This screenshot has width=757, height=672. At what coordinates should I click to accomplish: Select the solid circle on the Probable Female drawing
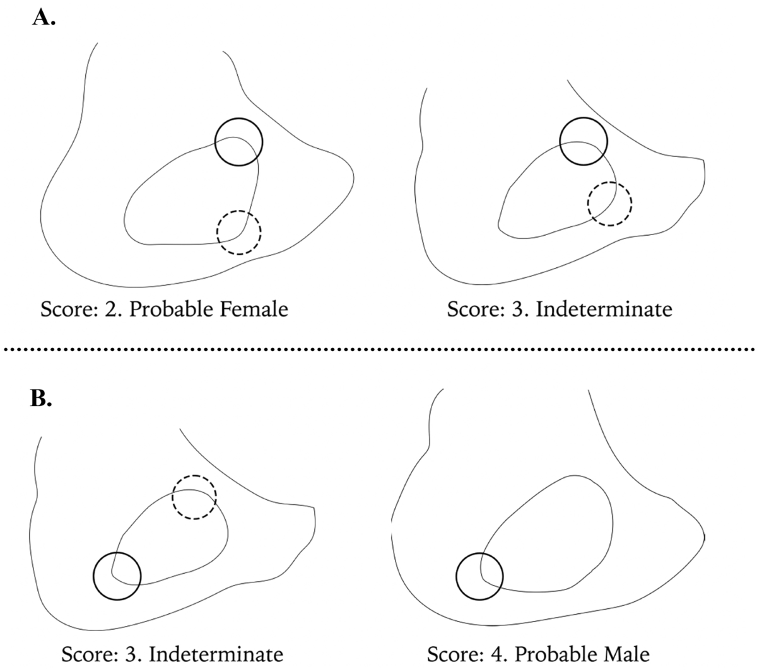(238, 142)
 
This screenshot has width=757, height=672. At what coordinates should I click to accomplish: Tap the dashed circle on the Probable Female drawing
(238, 232)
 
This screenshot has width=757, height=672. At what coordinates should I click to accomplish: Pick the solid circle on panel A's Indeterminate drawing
(583, 141)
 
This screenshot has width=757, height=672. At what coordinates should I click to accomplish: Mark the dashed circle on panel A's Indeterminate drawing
(609, 204)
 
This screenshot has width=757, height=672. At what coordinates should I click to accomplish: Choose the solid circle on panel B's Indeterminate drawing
(117, 576)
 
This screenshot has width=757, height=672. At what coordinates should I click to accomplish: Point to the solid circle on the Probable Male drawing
(479, 576)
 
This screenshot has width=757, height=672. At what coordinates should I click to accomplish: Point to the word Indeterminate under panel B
(215, 654)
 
